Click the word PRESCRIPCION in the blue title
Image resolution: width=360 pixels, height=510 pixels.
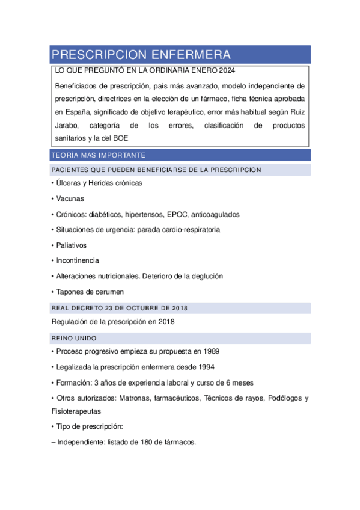97,55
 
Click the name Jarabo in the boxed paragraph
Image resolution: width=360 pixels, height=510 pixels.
67,125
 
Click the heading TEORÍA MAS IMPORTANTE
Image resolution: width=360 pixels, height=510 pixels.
99,155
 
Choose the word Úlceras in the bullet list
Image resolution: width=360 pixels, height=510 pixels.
70,183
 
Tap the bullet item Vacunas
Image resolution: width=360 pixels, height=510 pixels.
70,198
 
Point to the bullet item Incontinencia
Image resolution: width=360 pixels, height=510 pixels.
77,261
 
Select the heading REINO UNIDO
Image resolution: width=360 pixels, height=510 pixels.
74,338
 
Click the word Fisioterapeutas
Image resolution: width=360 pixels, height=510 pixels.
76,412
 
